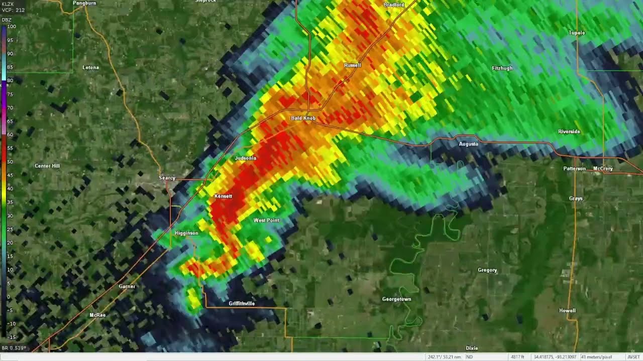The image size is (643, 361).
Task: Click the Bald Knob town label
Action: [303, 118]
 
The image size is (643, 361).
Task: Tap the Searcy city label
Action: [167, 178]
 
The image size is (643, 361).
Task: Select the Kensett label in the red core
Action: [223, 196]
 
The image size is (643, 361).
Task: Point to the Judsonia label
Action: [245, 158]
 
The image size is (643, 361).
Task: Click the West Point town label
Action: [266, 221]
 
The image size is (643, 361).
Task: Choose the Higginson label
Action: [186, 233]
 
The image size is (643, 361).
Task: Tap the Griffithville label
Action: [242, 304]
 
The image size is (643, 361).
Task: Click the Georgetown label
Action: [396, 299]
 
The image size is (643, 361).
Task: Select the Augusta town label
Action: [468, 144]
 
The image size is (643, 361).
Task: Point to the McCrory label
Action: [603, 169]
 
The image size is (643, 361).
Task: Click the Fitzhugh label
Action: [502, 68]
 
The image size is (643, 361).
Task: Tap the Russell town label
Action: [353, 66]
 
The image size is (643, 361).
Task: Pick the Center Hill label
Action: [47, 166]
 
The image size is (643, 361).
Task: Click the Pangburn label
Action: [84, 3]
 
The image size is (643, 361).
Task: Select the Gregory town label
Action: [487, 270]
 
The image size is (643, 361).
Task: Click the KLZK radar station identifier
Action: [8, 4]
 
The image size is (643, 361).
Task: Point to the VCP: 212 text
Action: [13, 10]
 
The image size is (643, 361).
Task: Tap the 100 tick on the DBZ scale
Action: [12, 27]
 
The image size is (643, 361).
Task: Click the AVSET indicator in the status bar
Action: [633, 357]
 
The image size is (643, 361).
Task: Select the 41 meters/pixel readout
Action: [596, 357]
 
